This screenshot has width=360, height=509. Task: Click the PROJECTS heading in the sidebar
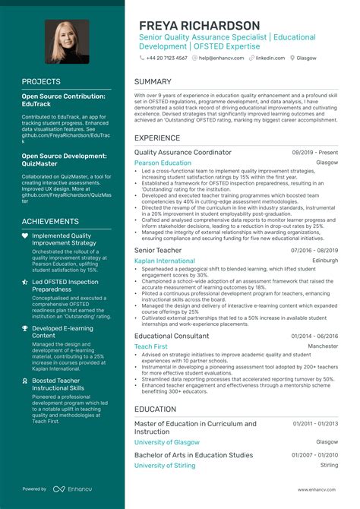click(x=42, y=81)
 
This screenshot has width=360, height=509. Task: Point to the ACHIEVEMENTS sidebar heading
click(x=51, y=221)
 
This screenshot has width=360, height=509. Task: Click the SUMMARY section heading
click(x=153, y=81)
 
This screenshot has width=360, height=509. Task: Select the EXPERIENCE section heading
click(x=157, y=138)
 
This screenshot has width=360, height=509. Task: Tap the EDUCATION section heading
click(x=156, y=409)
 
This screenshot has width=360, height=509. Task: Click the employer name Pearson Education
click(x=163, y=163)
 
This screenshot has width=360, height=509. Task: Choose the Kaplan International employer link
click(x=165, y=261)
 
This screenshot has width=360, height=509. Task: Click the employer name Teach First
click(x=150, y=346)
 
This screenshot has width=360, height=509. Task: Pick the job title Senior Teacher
click(x=157, y=249)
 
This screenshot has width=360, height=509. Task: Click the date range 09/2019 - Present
click(x=314, y=153)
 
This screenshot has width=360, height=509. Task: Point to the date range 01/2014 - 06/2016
click(x=314, y=335)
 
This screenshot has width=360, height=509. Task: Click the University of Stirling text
click(x=166, y=465)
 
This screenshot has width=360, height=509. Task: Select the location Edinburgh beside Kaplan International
click(x=325, y=261)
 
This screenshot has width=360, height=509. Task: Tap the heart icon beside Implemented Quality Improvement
click(x=25, y=236)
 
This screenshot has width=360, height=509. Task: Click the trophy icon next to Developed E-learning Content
click(x=25, y=329)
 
